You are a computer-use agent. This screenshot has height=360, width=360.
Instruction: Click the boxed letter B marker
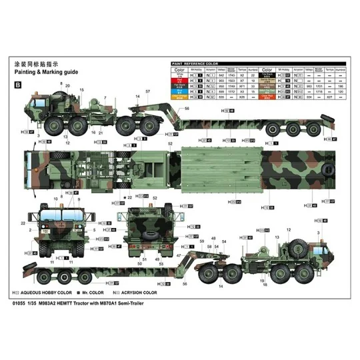tap(17, 85)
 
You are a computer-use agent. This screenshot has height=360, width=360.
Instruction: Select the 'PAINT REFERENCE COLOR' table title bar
tap(199, 63)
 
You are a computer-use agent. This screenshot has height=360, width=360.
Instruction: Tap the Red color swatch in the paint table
tap(180, 80)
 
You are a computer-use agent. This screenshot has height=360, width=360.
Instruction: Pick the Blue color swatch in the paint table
tap(180, 91)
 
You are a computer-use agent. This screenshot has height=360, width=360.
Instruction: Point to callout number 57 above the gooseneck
tap(147, 89)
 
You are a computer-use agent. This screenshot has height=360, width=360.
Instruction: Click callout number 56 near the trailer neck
tap(168, 108)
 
